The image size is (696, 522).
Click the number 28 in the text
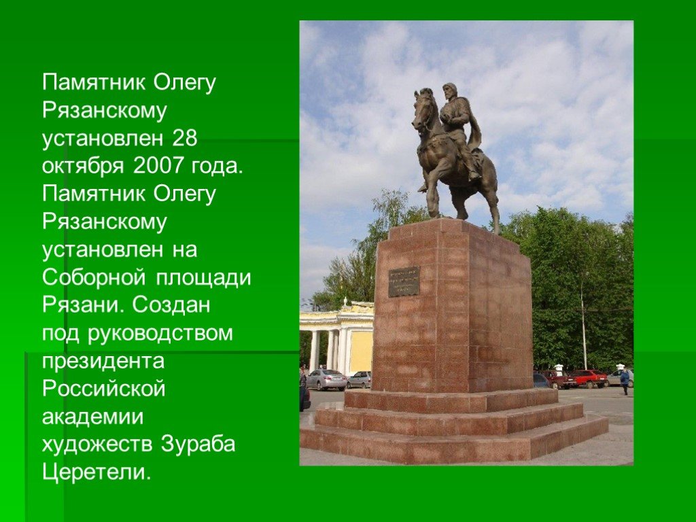pos(184,139)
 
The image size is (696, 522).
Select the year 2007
pos(158,166)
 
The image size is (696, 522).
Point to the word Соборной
pos(94,277)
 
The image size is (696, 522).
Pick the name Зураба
pos(198,445)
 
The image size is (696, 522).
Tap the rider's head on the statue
pos(450,92)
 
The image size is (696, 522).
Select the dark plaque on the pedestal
pos(404,282)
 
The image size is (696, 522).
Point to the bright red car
pos(589,379)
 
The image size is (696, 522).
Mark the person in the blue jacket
pos(625,381)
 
